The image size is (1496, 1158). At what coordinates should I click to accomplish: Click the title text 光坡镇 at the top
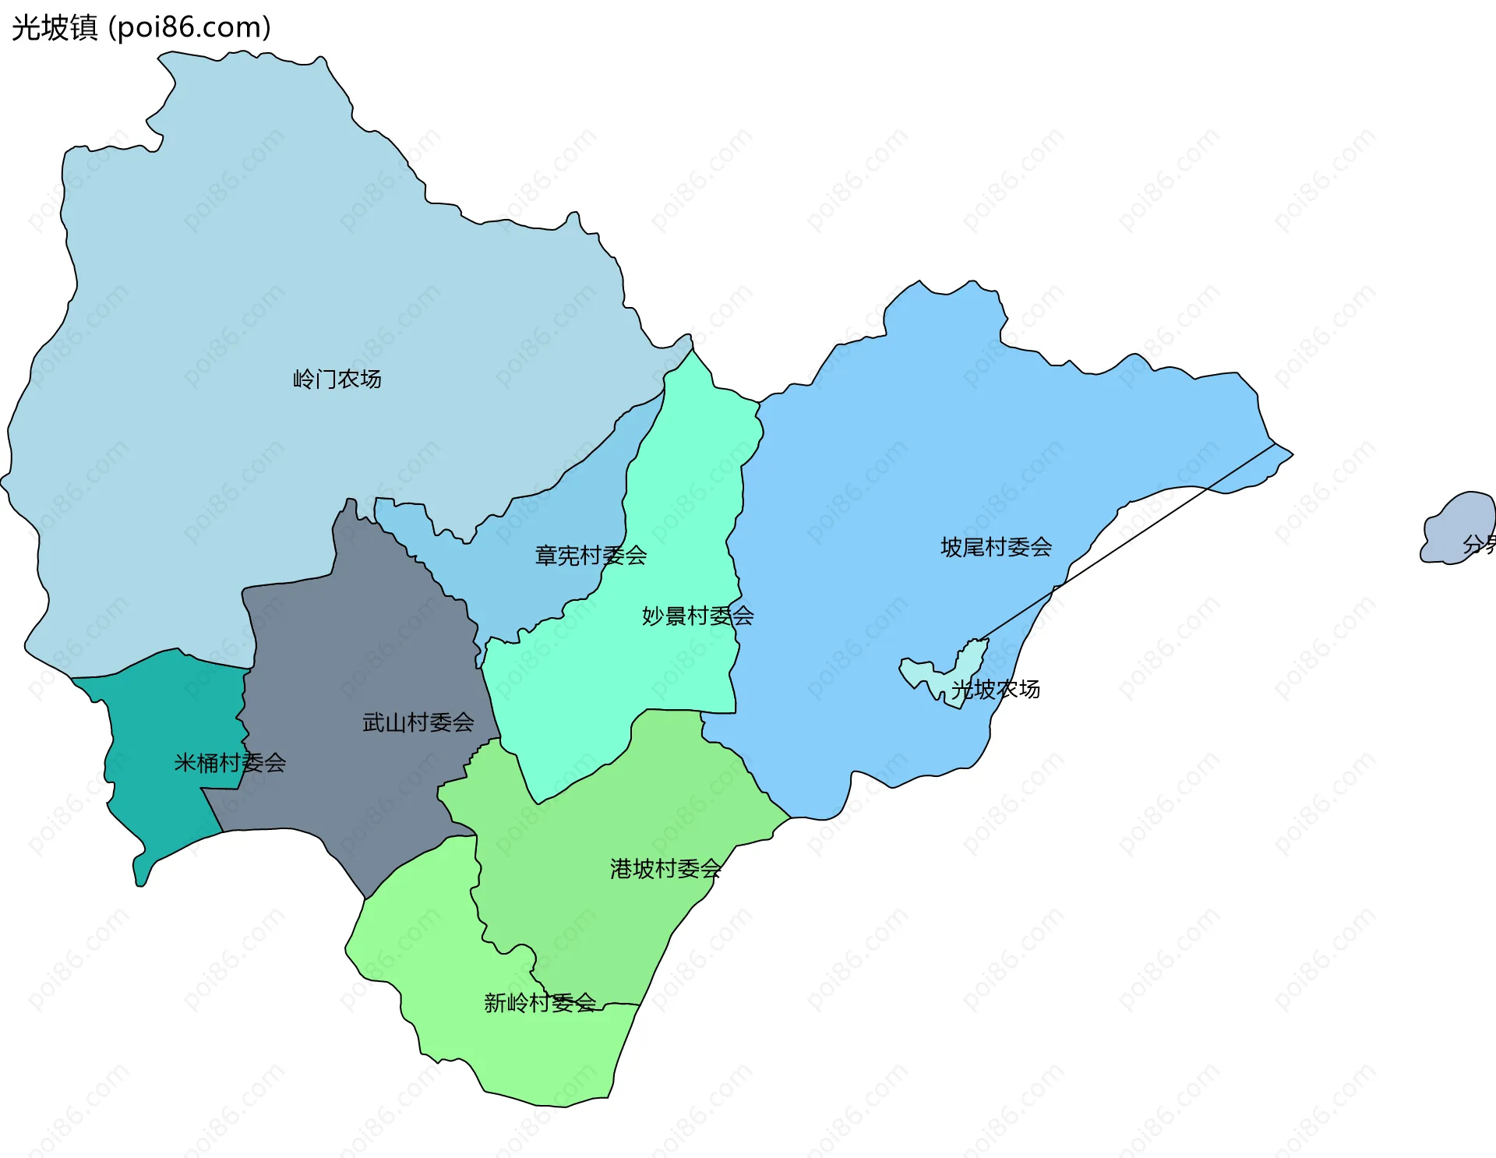point(55,27)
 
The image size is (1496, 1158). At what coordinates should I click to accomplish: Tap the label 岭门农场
point(337,380)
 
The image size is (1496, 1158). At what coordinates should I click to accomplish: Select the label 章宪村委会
point(591,556)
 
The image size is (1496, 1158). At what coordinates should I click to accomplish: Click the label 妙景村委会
point(697,616)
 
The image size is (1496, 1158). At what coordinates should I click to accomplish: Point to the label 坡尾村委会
point(996,547)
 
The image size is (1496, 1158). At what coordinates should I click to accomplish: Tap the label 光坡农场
point(996,690)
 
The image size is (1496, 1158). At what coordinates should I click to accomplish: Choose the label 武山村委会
point(418,722)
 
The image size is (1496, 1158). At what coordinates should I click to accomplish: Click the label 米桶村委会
point(230,763)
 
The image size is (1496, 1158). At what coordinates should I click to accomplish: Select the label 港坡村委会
point(665,869)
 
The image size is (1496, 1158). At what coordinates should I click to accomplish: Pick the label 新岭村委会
point(539,1003)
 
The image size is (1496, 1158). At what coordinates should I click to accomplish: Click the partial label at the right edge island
point(1479,544)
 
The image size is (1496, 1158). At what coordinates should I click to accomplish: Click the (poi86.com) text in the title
point(190,27)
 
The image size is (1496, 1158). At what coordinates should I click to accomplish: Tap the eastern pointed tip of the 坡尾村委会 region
point(1289,454)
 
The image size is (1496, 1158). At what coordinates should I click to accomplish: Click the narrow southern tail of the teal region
point(141,873)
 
